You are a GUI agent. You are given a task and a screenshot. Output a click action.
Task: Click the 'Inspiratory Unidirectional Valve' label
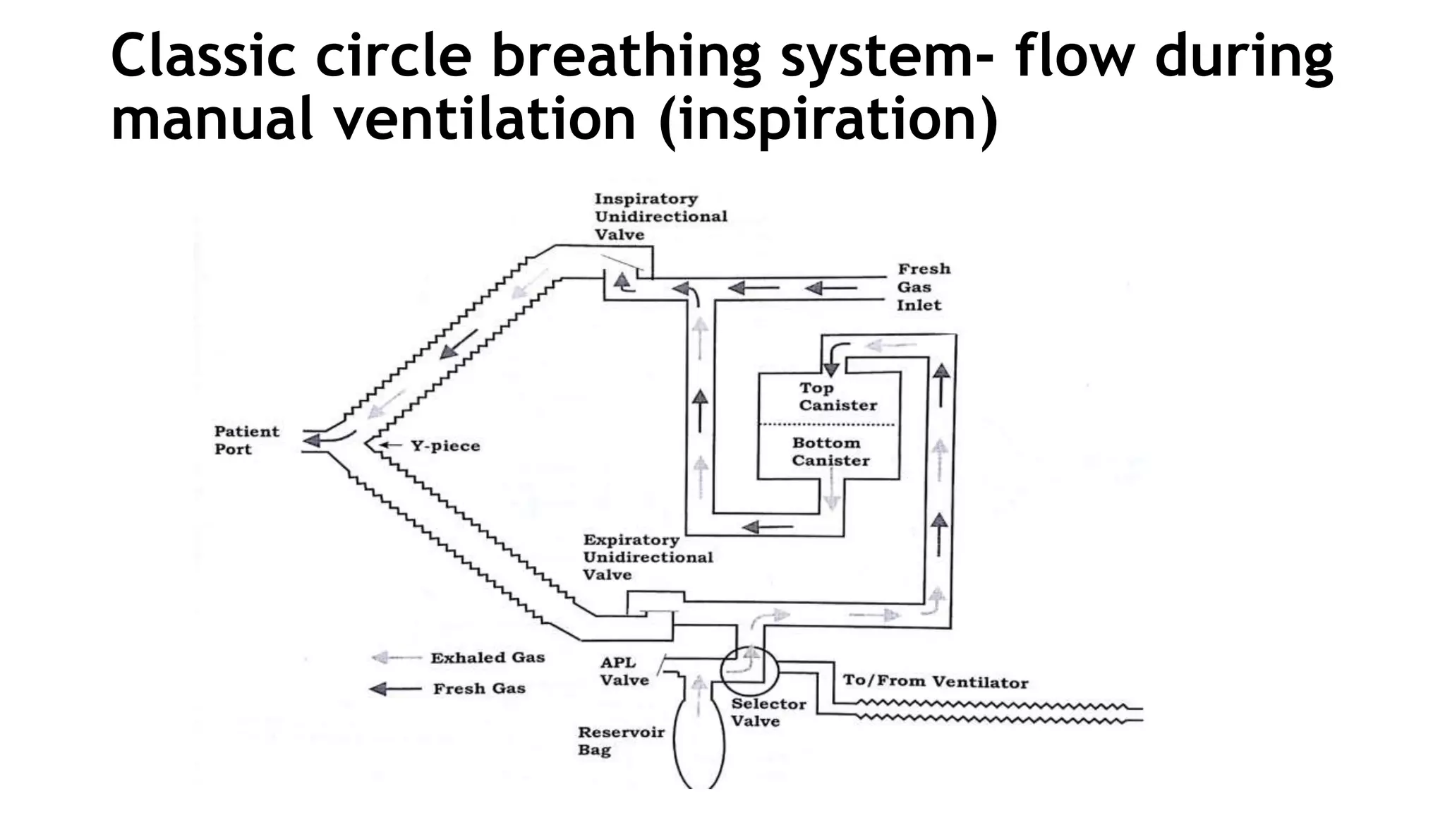coord(660,217)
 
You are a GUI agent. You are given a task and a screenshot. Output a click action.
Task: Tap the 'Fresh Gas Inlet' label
coord(924,287)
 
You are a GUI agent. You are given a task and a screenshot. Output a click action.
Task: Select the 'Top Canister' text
coord(838,397)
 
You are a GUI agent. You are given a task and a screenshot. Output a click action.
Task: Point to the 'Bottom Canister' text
coord(830,452)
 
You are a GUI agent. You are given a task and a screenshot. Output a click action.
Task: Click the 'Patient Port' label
coord(246,440)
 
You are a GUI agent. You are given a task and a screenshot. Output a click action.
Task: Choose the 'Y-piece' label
coord(445,446)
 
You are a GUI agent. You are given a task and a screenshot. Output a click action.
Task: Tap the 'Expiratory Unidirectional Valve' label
coord(647,558)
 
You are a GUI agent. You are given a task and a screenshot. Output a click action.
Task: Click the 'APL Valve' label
coord(624,671)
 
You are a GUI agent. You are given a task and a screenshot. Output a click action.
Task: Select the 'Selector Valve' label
coord(758,712)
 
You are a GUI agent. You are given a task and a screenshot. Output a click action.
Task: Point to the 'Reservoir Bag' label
coord(620,741)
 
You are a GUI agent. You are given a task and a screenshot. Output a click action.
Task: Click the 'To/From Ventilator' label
coord(935,682)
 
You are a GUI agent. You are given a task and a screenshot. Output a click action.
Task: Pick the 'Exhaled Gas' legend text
coord(488,658)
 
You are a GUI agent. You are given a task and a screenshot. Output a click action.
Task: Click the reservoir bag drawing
coord(699,741)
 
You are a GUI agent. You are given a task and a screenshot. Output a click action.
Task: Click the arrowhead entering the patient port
coord(313,441)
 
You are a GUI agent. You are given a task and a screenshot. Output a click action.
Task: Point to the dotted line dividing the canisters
coord(827,425)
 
